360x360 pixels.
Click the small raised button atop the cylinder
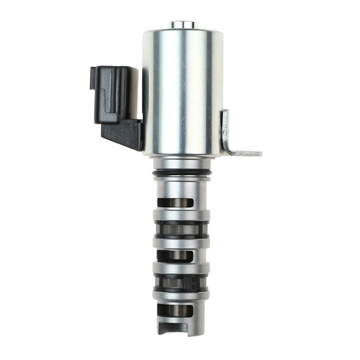point(183,25)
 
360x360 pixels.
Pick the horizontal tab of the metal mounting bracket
point(245,153)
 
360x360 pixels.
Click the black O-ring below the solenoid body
point(181,173)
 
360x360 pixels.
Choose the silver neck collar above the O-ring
point(181,164)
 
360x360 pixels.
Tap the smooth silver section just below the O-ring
point(181,185)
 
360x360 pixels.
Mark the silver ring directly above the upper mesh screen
point(181,215)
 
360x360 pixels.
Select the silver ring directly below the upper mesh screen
point(181,243)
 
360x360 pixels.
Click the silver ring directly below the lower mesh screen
point(181,296)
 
